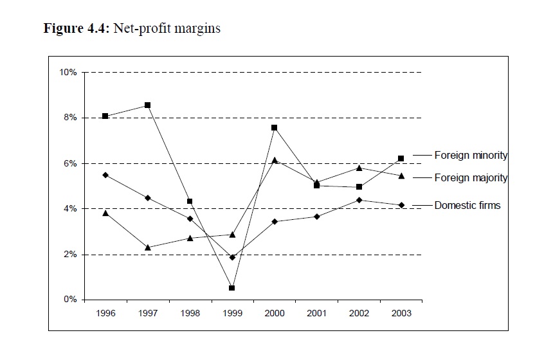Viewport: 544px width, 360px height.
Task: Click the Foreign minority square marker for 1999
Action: tap(231, 288)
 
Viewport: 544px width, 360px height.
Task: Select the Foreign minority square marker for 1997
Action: tap(147, 105)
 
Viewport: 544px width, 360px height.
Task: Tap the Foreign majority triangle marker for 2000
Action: tap(275, 160)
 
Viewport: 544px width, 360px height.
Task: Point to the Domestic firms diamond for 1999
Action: tap(231, 257)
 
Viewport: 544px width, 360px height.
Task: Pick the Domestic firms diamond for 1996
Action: tap(105, 175)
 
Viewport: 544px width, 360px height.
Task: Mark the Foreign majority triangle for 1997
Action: tap(147, 247)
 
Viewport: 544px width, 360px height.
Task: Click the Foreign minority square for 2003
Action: tap(401, 158)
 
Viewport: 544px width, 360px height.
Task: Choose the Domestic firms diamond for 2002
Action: tap(359, 200)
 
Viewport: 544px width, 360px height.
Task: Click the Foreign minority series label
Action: tap(471, 155)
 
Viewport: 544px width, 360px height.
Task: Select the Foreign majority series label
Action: tap(471, 178)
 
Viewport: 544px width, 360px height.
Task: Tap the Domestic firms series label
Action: tap(467, 205)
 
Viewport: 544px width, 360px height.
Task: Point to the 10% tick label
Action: tap(68, 73)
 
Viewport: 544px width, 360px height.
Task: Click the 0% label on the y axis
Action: tap(70, 300)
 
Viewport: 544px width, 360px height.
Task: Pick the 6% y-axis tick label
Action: tap(70, 163)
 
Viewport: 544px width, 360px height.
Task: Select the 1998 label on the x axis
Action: tap(190, 314)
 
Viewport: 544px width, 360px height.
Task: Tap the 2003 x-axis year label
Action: tap(401, 314)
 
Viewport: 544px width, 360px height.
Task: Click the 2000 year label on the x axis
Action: tap(275, 314)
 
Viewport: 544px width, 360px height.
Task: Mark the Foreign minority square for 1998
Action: tap(190, 201)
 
